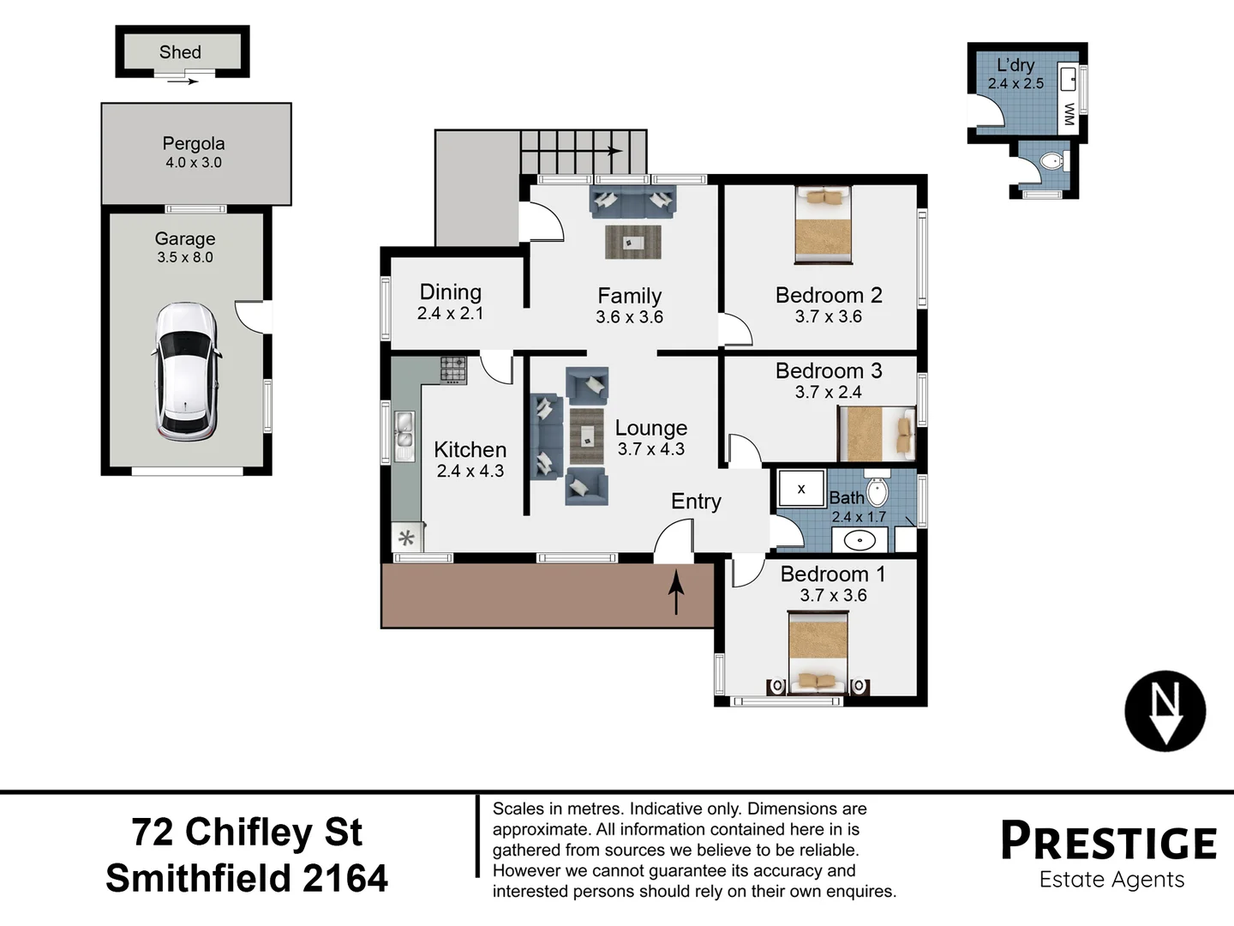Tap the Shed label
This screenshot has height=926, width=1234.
pos(180,52)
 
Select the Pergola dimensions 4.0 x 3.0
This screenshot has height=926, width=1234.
pos(194,163)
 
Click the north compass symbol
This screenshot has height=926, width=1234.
pos(1165,711)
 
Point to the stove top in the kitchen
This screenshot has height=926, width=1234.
pos(453,370)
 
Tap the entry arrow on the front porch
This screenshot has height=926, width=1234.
pos(676,592)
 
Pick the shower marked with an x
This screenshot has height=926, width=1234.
pos(801,489)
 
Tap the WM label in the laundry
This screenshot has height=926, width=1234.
pos(1069,114)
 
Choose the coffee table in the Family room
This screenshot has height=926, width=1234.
pos(632,243)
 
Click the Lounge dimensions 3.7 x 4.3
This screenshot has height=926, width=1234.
pos(651,449)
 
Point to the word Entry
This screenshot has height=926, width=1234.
pos(696,502)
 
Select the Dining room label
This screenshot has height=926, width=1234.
pos(451,292)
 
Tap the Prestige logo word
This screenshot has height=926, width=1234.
pos(1109,841)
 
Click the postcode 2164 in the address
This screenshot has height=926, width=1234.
pos(345,879)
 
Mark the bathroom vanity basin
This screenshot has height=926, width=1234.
pos(860,540)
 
